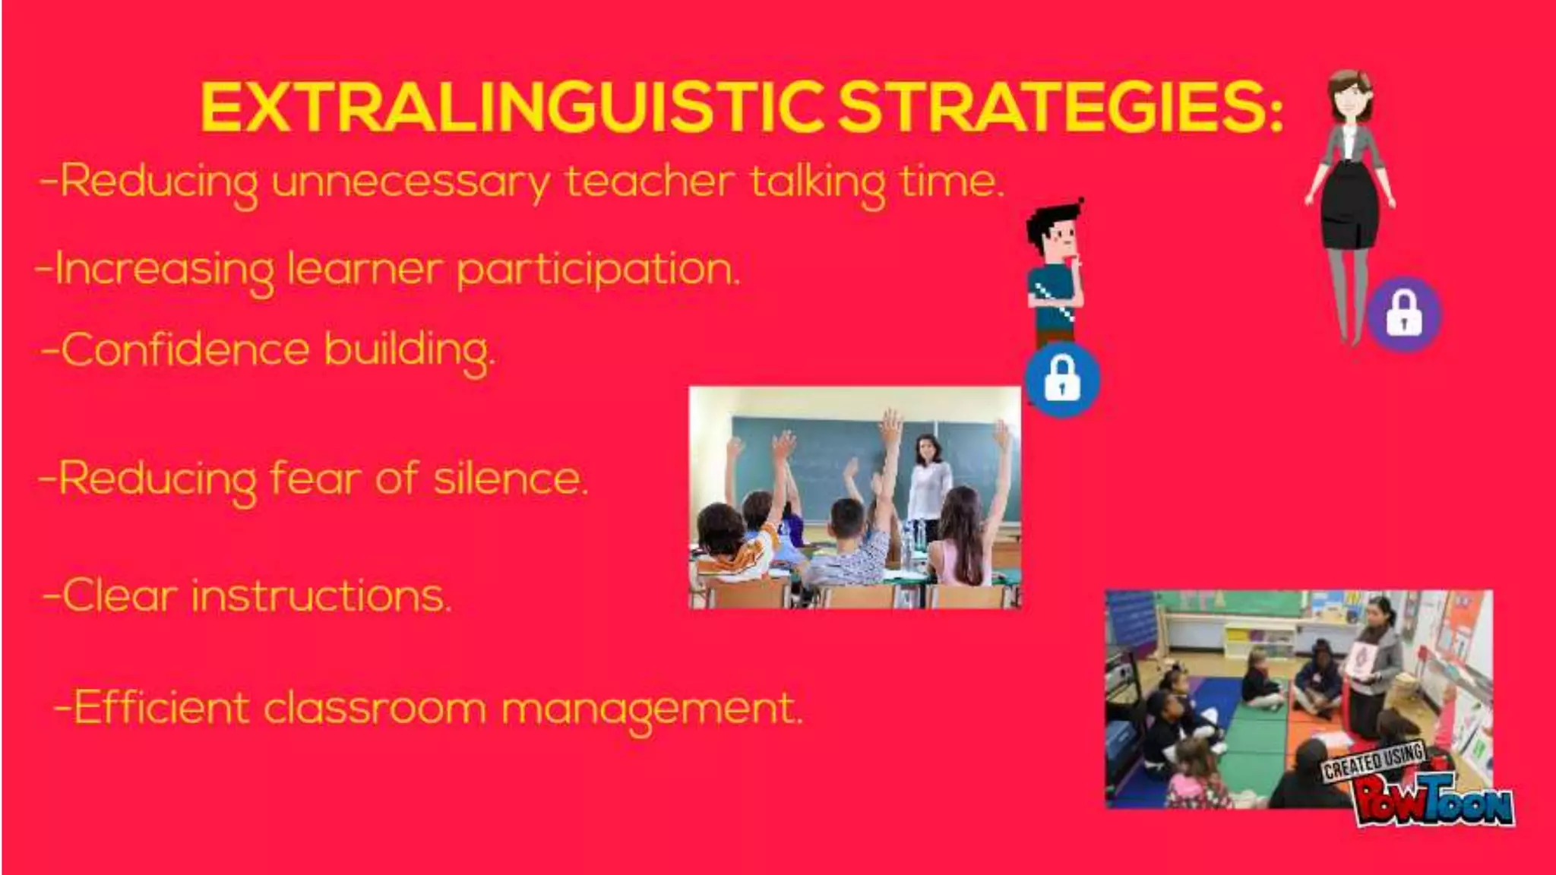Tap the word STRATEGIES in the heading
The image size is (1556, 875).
(x=1060, y=108)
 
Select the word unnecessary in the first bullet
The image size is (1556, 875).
(x=410, y=182)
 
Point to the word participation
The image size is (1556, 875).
(x=598, y=270)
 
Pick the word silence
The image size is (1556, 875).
(x=510, y=479)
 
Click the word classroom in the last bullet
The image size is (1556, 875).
(x=374, y=708)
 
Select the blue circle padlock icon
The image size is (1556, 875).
(x=1061, y=379)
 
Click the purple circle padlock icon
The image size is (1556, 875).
(x=1404, y=314)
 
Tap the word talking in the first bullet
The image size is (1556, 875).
(x=818, y=182)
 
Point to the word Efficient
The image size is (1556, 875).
(x=160, y=708)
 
